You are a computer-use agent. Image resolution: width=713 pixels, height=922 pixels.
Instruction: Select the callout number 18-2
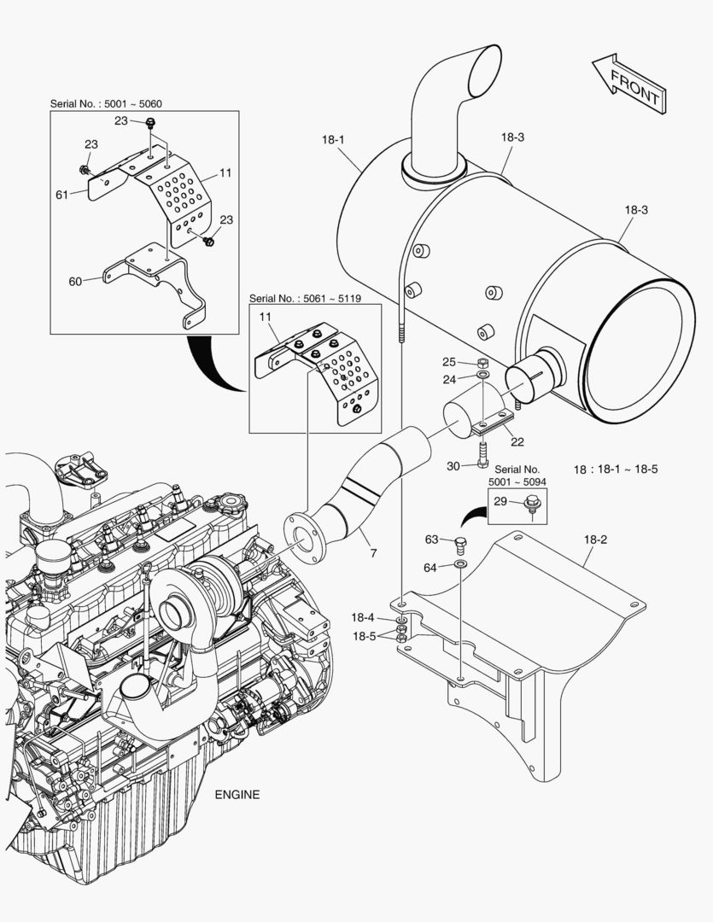[595, 540]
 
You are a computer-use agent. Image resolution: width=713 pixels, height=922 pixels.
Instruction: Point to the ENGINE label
[237, 794]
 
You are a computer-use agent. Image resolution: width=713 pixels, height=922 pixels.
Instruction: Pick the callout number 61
[61, 195]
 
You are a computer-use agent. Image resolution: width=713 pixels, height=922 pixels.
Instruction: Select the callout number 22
[517, 441]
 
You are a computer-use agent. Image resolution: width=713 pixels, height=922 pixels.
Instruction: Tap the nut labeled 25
[482, 362]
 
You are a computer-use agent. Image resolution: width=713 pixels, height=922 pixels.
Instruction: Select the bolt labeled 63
[461, 544]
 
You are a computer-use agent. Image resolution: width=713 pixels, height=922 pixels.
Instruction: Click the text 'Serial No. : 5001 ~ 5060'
[106, 103]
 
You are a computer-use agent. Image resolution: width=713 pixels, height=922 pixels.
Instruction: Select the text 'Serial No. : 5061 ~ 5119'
[304, 299]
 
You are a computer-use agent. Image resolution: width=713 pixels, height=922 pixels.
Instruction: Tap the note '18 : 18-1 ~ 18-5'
[615, 469]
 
